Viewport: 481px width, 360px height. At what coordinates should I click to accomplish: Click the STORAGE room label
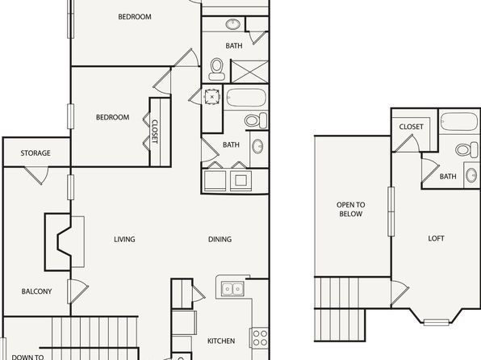[36, 153]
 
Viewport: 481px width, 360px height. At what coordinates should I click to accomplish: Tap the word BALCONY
[36, 291]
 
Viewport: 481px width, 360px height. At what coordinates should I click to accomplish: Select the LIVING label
[124, 239]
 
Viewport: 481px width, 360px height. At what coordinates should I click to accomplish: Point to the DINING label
[220, 239]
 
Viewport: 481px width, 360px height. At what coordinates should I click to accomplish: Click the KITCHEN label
[221, 341]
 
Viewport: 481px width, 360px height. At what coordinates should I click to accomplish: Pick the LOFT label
[437, 238]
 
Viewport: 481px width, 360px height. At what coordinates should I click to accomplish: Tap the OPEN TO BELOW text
[350, 209]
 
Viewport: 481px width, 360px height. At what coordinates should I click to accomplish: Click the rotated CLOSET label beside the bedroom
[155, 132]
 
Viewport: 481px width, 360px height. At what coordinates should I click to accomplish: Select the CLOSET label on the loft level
[411, 127]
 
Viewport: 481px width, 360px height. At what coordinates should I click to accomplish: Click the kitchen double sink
[232, 289]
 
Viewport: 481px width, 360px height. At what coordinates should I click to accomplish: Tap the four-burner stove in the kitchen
[260, 337]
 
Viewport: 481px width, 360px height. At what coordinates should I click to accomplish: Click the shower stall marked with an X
[249, 72]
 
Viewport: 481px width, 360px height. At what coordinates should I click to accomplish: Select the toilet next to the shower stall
[216, 69]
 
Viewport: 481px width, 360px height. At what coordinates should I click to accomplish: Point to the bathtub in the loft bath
[458, 122]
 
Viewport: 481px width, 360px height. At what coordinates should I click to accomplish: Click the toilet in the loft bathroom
[467, 150]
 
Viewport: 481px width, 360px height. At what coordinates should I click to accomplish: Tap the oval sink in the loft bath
[471, 175]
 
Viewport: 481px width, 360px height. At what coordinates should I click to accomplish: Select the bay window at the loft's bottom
[437, 322]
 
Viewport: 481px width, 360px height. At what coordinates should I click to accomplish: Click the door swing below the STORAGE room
[36, 175]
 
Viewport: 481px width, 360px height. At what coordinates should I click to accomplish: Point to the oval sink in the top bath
[233, 24]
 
